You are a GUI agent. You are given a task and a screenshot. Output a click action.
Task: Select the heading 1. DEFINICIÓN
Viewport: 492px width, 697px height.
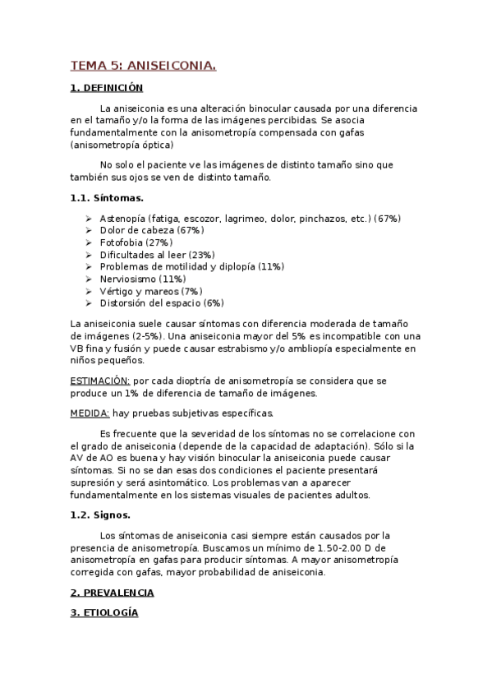click(x=107, y=87)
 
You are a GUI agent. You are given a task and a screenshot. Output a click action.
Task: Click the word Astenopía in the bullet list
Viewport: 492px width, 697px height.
click(x=122, y=219)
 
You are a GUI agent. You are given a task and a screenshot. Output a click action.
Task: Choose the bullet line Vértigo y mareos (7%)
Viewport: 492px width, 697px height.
click(x=151, y=291)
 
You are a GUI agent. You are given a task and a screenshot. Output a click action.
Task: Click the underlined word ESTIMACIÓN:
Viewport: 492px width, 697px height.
click(x=100, y=381)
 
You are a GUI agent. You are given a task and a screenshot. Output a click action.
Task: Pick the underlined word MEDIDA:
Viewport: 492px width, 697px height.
click(x=90, y=413)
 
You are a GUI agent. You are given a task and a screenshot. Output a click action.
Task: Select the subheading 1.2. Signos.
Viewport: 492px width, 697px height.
click(x=100, y=515)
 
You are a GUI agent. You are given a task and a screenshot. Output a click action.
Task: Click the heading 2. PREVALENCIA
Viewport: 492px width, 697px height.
click(x=113, y=593)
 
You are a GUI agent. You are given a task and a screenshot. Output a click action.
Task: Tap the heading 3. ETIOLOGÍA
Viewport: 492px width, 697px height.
click(x=104, y=613)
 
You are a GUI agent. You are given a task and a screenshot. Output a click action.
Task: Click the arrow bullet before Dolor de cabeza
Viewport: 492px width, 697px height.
click(x=88, y=231)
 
